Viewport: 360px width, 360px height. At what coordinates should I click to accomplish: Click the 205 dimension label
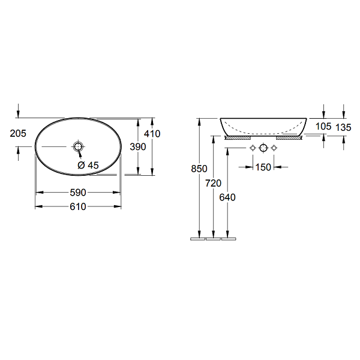pos(18,133)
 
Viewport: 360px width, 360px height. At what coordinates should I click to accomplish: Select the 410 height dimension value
pos(152,134)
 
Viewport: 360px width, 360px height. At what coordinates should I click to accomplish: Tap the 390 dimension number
pos(138,147)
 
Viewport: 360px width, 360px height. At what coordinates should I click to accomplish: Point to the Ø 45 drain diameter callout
pos(88,165)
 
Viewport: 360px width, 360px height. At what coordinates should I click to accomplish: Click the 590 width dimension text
pos(78,193)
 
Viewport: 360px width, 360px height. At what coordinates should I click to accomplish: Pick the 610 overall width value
pos(78,206)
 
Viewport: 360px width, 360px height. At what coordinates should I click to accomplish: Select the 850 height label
pos(199,169)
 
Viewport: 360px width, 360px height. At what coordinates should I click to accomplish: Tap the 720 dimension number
pos(213,183)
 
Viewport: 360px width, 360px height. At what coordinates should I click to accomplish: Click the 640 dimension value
pos(227,197)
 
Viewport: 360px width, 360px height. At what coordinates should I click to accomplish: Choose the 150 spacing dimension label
pos(263,167)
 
